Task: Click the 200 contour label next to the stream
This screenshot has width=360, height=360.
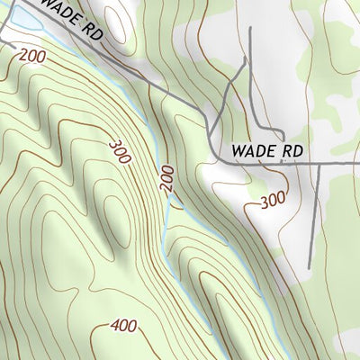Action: pyautogui.click(x=166, y=177)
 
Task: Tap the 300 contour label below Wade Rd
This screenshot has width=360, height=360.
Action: pyautogui.click(x=273, y=200)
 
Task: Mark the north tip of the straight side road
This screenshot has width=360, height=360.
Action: pyautogui.click(x=249, y=30)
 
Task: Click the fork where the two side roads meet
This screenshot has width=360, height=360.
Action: pyautogui.click(x=246, y=64)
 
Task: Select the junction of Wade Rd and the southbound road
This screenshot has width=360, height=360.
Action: pyautogui.click(x=320, y=165)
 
